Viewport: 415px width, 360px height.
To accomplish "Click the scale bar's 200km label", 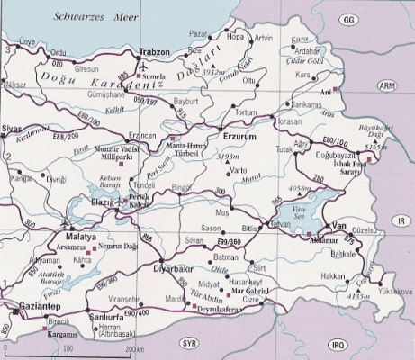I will click(136, 348).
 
